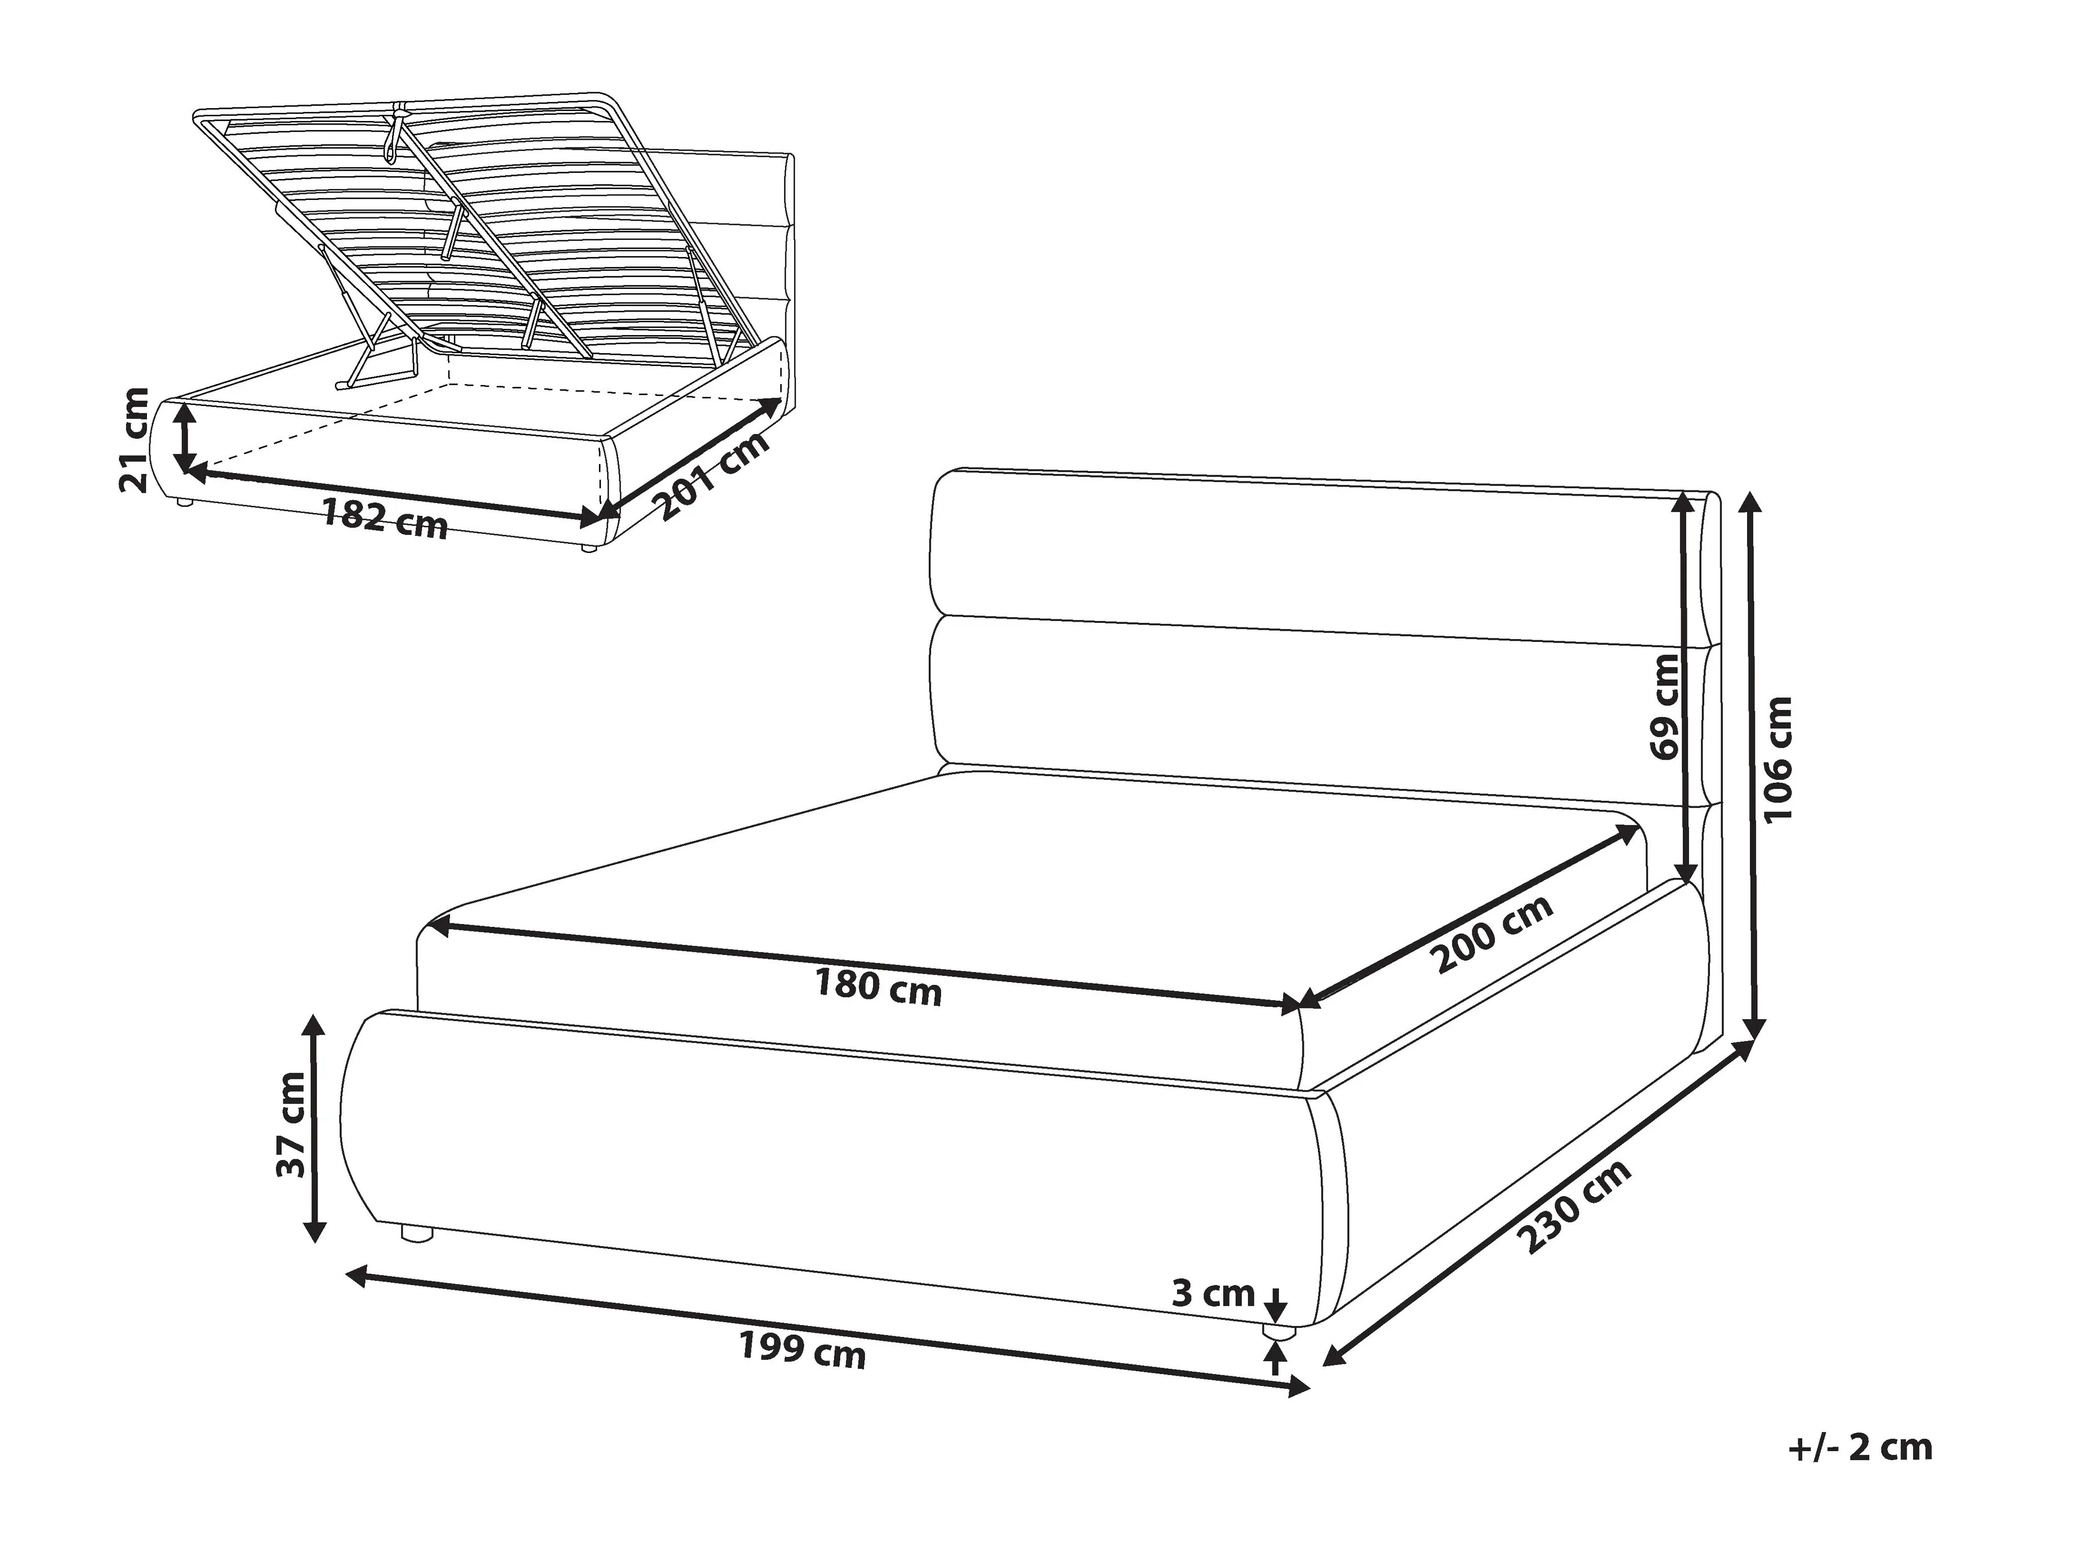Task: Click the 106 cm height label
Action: pyautogui.click(x=1779, y=759)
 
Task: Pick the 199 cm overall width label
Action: pyautogui.click(x=803, y=1351)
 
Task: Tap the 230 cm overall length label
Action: pyautogui.click(x=1576, y=1207)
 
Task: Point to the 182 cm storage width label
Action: pyautogui.click(x=385, y=519)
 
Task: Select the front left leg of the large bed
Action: pyautogui.click(x=415, y=1232)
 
